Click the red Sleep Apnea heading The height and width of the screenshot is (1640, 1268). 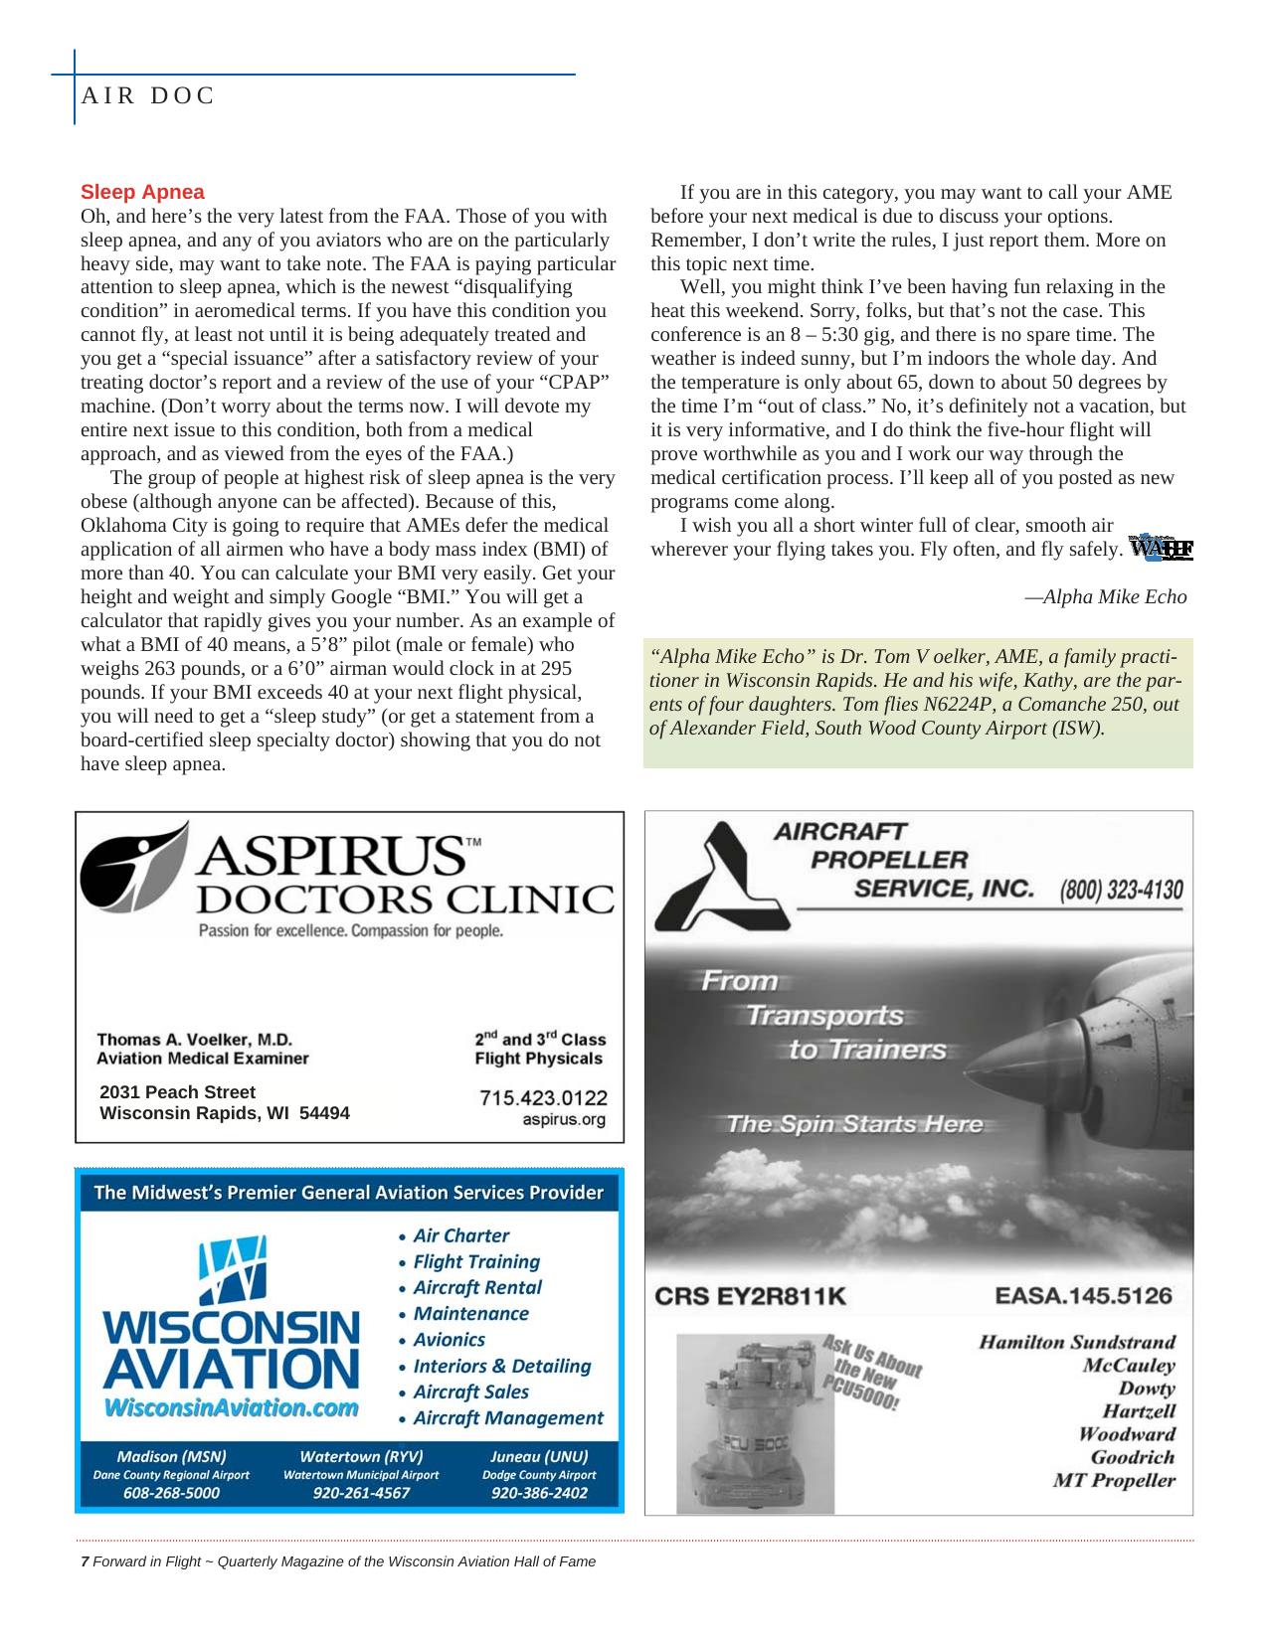click(142, 192)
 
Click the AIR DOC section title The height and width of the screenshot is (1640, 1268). click(148, 95)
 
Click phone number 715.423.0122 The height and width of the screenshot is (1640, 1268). click(543, 1097)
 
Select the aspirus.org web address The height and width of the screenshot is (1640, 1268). click(564, 1120)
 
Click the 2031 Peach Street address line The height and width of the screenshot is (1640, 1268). click(177, 1091)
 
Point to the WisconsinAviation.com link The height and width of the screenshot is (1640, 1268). click(231, 1407)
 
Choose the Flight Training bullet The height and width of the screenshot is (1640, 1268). click(475, 1261)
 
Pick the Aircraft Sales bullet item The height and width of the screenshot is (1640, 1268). click(470, 1392)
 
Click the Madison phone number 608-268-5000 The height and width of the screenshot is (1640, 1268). click(171, 1493)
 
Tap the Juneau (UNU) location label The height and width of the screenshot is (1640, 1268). click(539, 1456)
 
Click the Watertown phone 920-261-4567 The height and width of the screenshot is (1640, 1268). click(361, 1493)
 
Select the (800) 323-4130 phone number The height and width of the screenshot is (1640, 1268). click(1121, 889)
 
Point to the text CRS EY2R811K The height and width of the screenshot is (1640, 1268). click(750, 1296)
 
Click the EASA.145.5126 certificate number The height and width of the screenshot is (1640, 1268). click(1083, 1296)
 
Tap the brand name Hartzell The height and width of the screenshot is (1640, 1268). click(1139, 1411)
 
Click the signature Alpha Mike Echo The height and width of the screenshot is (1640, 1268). click(1106, 596)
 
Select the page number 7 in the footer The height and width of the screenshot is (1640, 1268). click(86, 1561)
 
